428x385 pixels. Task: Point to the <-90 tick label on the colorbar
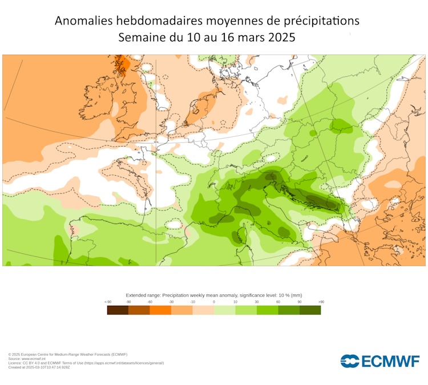(x=107, y=302)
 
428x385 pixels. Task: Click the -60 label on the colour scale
(x=150, y=302)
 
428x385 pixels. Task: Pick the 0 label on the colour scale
(x=214, y=302)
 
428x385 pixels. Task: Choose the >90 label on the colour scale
(x=321, y=302)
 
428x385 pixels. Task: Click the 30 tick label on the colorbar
(x=257, y=302)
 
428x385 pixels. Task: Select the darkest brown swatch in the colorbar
(x=118, y=310)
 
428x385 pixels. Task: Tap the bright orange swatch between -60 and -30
(x=160, y=310)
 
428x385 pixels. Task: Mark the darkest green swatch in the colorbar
(x=310, y=310)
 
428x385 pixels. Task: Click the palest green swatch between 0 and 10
(x=224, y=310)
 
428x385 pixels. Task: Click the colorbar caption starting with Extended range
(x=214, y=295)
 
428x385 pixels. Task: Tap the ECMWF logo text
(x=391, y=361)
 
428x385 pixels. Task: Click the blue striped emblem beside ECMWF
(x=350, y=361)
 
